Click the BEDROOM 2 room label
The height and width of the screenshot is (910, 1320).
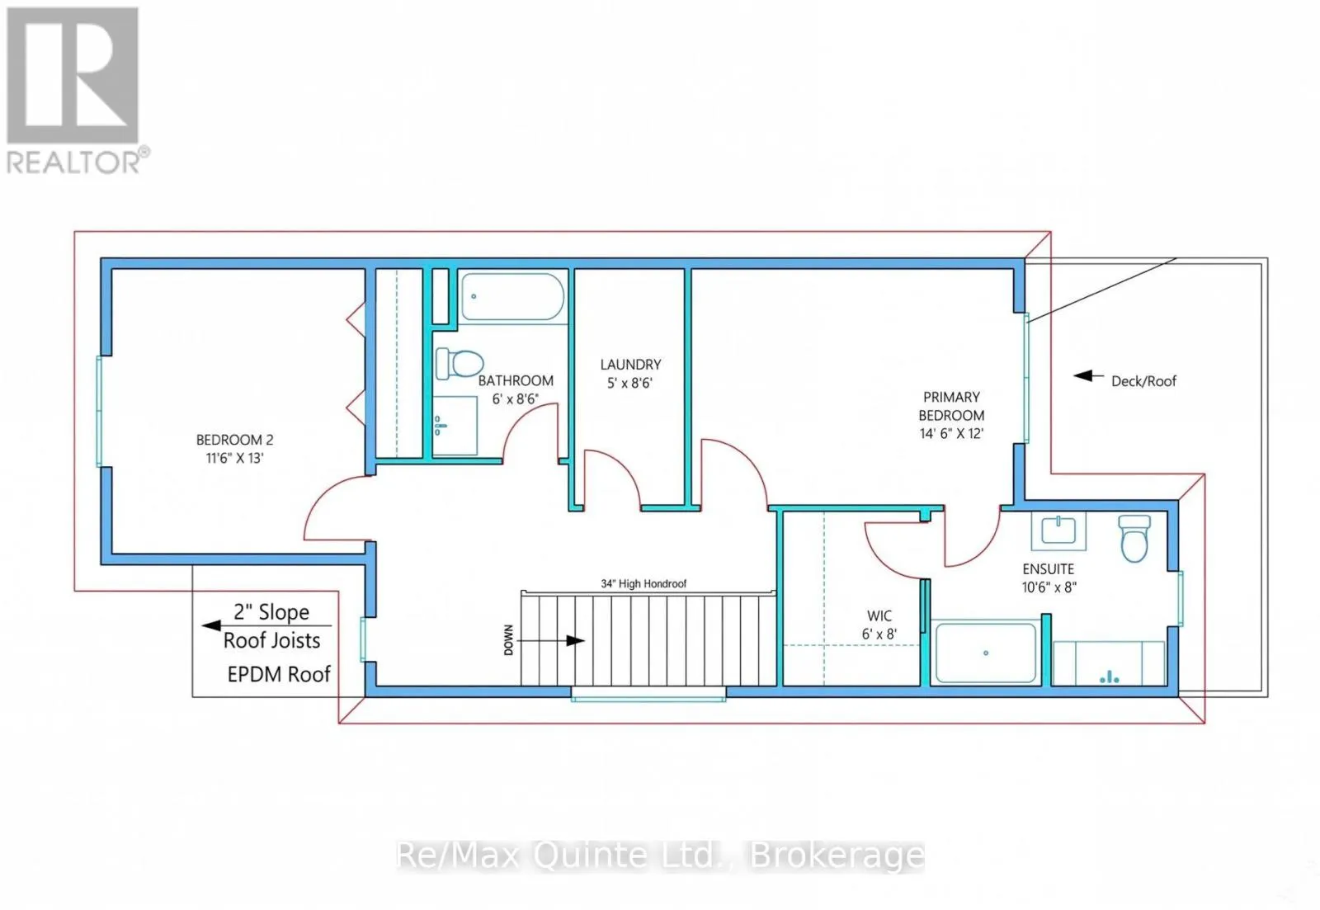coord(234,440)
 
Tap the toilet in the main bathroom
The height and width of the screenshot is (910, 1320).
coord(460,363)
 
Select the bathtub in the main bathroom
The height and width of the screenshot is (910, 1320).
coord(512,296)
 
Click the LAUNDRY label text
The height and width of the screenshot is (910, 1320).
coord(630,364)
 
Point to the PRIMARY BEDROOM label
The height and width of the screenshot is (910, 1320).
coord(951,406)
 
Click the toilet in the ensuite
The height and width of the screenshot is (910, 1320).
coord(1134,539)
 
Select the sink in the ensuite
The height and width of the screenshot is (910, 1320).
coord(1058,531)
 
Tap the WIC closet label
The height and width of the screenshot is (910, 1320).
coord(879,616)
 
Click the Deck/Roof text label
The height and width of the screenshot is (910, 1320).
coord(1143,381)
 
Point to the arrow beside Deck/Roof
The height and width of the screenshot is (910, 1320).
coord(1088,376)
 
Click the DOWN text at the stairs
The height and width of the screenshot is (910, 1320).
coord(508,640)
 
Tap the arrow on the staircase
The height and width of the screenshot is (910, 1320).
coord(551,641)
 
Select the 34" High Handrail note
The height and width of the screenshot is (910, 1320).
coord(643,583)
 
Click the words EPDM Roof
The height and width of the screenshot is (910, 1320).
coord(279,674)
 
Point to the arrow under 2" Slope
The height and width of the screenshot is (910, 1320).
coord(266,625)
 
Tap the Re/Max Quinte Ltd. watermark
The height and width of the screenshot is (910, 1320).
coord(660,856)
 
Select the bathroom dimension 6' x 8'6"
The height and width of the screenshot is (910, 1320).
coord(516,399)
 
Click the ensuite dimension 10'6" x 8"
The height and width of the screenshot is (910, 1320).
coord(1049,587)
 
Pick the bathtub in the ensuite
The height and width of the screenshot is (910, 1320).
coord(986,653)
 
